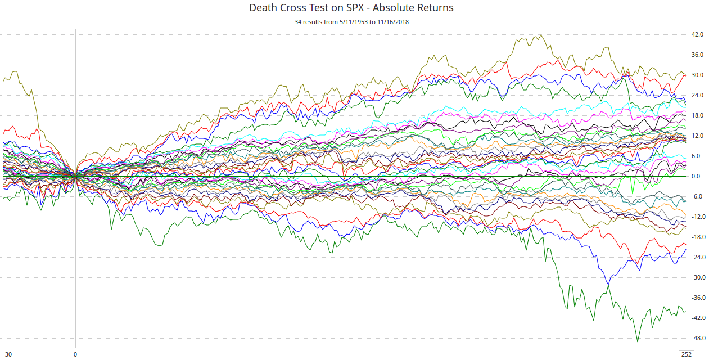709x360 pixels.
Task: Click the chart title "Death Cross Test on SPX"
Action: tap(351, 8)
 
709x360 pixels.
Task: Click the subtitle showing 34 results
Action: tap(351, 22)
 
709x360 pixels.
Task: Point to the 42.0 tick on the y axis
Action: tap(698, 34)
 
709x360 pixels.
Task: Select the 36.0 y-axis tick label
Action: tap(698, 55)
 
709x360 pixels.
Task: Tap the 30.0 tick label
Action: tap(698, 75)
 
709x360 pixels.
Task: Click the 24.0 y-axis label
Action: tap(698, 95)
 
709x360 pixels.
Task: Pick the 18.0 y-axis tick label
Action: tap(698, 115)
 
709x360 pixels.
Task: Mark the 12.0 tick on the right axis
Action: tap(698, 136)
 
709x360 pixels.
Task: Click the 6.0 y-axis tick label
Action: tap(697, 156)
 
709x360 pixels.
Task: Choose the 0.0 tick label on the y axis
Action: tap(697, 176)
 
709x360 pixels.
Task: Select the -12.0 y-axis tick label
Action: tap(698, 217)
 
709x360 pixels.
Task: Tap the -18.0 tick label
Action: tap(698, 237)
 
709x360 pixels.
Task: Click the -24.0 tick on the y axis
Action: tap(698, 257)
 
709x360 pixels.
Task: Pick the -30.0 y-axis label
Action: tap(698, 277)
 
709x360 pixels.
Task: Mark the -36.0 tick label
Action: tap(698, 298)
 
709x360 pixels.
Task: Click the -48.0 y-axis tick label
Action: tap(698, 338)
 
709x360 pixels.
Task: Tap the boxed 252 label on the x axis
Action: tap(687, 354)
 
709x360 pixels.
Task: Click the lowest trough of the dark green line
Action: tap(637, 341)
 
